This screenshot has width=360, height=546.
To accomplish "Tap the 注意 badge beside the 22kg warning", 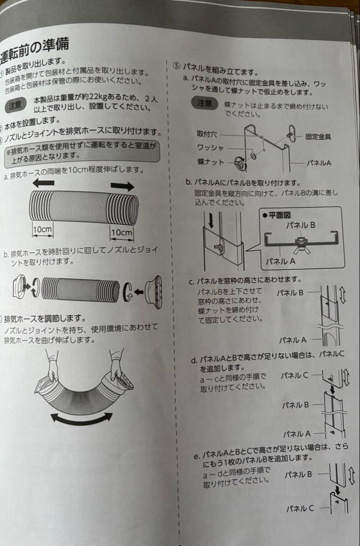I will point(16,105).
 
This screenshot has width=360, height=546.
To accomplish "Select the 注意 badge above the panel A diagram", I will point(204,103).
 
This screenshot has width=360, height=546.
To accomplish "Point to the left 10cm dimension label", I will point(43,230).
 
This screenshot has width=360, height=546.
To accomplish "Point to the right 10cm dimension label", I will point(122,233).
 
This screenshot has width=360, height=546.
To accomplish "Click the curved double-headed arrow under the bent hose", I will point(81,418).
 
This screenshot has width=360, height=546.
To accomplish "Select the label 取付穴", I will point(207,134).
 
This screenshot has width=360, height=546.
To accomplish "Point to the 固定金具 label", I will point(319,136).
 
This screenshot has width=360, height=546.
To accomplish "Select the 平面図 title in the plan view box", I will point(277,215).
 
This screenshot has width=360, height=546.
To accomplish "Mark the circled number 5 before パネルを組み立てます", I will point(176,66).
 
